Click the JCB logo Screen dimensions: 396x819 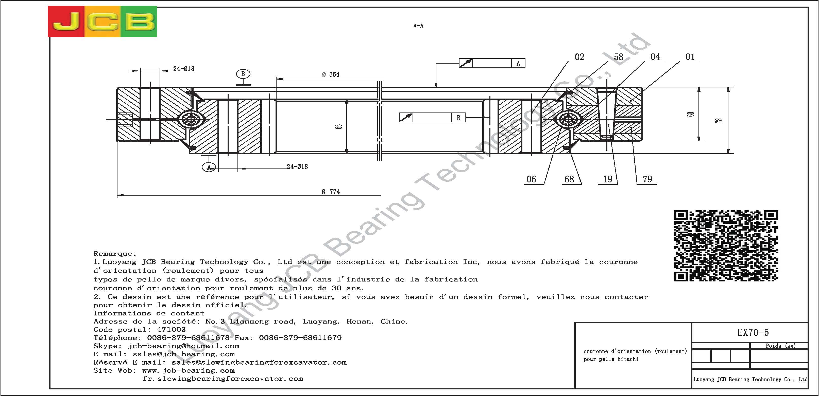103,22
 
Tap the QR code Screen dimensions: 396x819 726,246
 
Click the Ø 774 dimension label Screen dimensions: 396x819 331,192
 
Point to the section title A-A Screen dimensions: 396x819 418,26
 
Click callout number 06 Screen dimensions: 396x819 531,179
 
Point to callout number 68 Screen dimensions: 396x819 569,179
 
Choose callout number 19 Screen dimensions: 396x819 608,179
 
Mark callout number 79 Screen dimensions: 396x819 647,179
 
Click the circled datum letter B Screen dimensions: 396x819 243,74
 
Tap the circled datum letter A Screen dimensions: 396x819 209,167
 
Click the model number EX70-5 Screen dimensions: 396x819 753,332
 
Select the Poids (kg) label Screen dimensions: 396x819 780,346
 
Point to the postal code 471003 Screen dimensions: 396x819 171,330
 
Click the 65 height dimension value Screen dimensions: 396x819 339,126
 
